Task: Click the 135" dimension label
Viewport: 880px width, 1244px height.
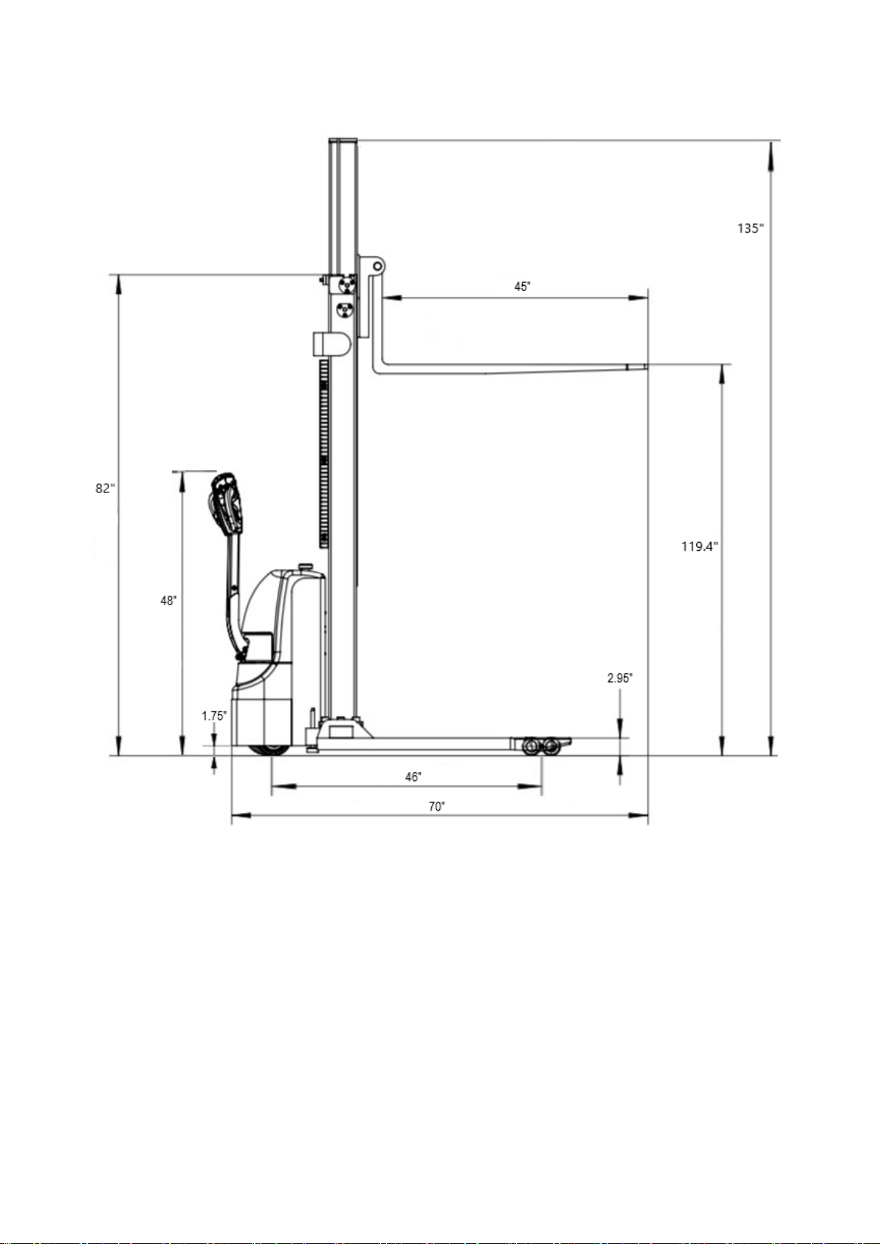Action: (x=750, y=228)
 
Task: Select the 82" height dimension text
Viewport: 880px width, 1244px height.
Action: (x=106, y=488)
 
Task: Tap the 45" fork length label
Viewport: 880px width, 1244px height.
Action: (x=523, y=286)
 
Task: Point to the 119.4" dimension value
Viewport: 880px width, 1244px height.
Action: (x=700, y=546)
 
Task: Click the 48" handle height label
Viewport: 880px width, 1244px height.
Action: (x=168, y=600)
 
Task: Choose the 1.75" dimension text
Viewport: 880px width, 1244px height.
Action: (x=214, y=716)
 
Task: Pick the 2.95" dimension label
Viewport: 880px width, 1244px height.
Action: (x=619, y=678)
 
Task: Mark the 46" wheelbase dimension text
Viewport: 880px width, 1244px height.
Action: (x=413, y=777)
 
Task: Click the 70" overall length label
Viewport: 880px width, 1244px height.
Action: (x=437, y=806)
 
